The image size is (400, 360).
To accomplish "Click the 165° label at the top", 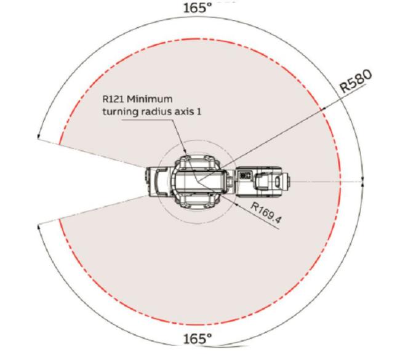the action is [x=198, y=8].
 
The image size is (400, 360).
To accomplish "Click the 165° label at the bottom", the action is [x=198, y=339].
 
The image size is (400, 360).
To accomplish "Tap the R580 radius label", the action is [x=356, y=81].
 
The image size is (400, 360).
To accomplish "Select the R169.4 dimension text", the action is [x=266, y=212].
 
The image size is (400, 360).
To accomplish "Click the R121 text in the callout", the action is [x=113, y=98].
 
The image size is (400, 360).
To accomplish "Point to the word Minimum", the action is [x=150, y=98].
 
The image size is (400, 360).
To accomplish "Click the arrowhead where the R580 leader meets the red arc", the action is [x=324, y=109].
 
